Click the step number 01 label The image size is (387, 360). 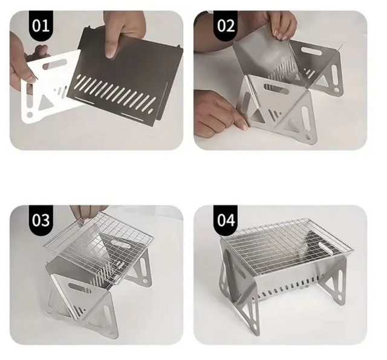pyautogui.click(x=41, y=25)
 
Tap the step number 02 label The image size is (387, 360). pyautogui.click(x=226, y=25)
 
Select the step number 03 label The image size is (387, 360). pyautogui.click(x=41, y=220)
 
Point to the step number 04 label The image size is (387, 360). pyautogui.click(x=226, y=220)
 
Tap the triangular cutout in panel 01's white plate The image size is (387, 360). pyautogui.click(x=46, y=102)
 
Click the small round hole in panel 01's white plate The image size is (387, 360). pyautogui.click(x=30, y=115)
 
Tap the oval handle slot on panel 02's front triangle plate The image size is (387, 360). pyautogui.click(x=276, y=89)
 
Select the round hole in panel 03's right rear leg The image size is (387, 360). pyautogui.click(x=145, y=281)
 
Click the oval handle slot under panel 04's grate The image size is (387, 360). pyautogui.click(x=325, y=247)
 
